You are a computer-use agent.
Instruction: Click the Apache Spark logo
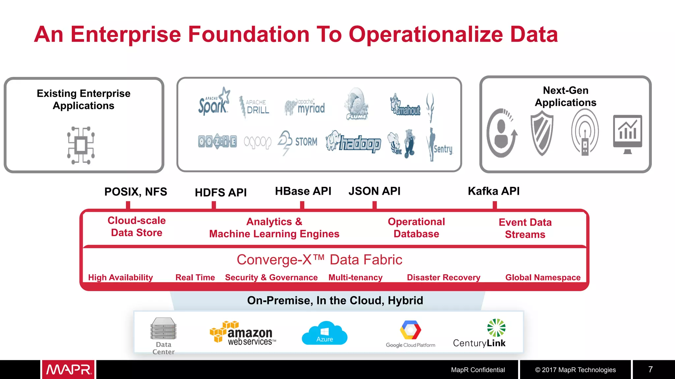pos(214,103)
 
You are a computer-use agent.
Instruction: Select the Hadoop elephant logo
pos(353,142)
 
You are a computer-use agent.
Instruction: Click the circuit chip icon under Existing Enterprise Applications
pos(81,145)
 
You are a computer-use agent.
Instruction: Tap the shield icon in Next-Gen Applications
pos(542,133)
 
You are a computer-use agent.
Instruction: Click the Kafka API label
pos(493,191)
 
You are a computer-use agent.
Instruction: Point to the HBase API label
pos(303,191)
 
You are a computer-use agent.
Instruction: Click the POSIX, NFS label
pos(135,192)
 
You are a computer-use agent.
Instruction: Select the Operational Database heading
pos(416,228)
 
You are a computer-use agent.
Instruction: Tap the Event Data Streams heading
pos(525,228)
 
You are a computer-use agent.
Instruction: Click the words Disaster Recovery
pos(443,277)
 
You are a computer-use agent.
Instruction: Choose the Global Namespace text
pos(543,277)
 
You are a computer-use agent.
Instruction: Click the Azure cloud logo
pos(324,333)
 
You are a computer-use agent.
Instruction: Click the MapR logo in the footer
pos(69,369)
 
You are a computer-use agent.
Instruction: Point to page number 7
pos(650,369)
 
